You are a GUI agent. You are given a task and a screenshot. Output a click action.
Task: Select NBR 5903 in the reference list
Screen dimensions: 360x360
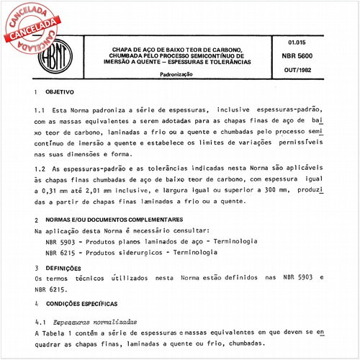click(x=60, y=242)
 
